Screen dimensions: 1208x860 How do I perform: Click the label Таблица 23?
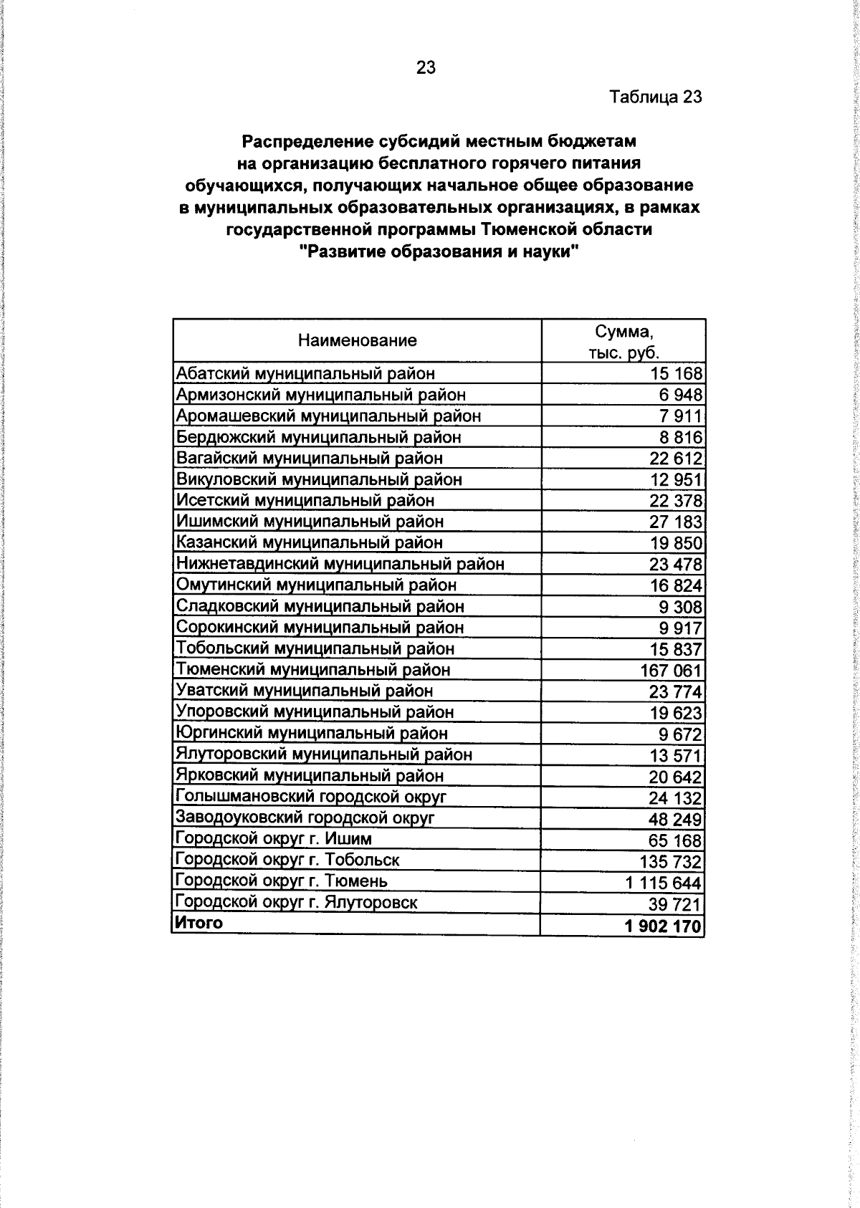point(655,97)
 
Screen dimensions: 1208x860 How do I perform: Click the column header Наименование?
point(357,341)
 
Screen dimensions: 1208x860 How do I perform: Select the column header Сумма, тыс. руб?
point(623,342)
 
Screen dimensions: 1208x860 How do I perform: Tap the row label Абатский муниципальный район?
point(305,373)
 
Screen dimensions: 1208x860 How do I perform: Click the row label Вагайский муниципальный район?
point(310,458)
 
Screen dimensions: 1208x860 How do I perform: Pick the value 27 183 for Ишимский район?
point(676,522)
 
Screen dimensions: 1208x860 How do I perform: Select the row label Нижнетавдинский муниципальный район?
point(340,564)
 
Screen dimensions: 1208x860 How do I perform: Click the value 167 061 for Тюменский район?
point(671,671)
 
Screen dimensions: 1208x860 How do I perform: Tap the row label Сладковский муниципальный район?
point(320,606)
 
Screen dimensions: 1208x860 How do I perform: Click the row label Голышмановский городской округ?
point(311,797)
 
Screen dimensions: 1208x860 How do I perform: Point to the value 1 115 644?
point(663,883)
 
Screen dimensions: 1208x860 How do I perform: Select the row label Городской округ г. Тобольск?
point(287,860)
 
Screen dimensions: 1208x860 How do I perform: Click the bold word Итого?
point(199,923)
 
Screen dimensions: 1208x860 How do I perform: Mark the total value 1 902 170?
point(663,926)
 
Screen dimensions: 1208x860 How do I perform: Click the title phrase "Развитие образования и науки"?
point(439,252)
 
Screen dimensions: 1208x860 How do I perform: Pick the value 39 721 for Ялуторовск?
point(676,904)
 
